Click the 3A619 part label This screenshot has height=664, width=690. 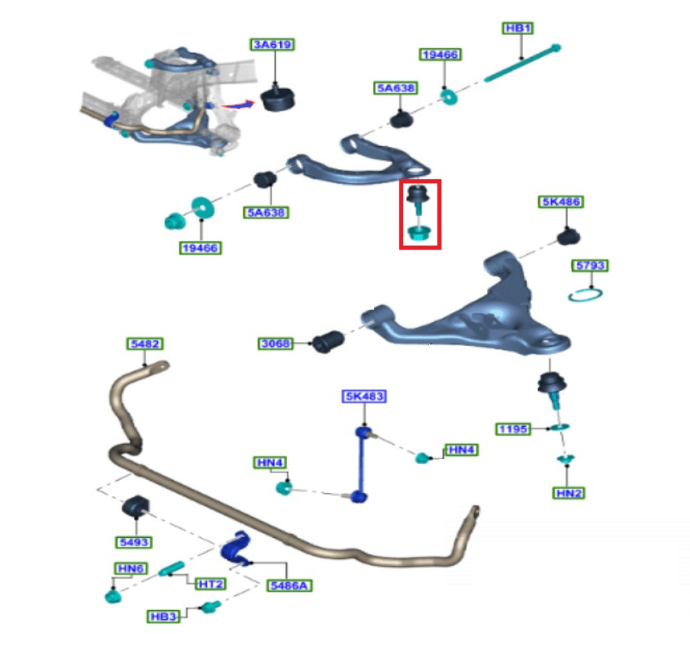273,46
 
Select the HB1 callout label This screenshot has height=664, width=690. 518,28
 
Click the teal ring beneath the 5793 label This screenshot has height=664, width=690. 586,295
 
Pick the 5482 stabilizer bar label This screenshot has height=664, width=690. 144,343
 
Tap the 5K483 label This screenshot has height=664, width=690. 364,396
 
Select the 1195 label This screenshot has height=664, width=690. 513,430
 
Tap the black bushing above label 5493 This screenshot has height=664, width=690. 136,509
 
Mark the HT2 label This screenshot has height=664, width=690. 210,584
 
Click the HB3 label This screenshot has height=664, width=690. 163,616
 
